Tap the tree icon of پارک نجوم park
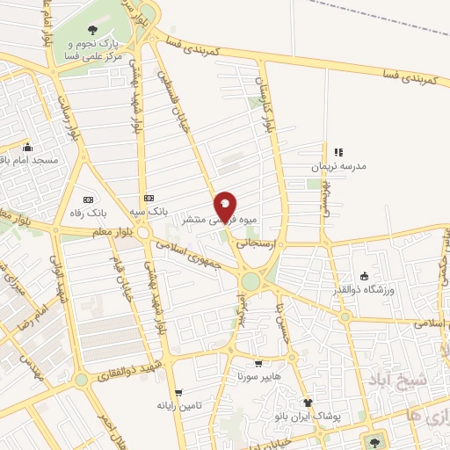pos(92,33)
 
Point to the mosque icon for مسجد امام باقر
pos(29,148)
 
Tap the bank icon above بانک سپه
pos(149,199)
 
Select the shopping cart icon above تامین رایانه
pos(179,393)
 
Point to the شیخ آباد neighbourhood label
pos(424,380)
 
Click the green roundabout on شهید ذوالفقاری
pos(82,380)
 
